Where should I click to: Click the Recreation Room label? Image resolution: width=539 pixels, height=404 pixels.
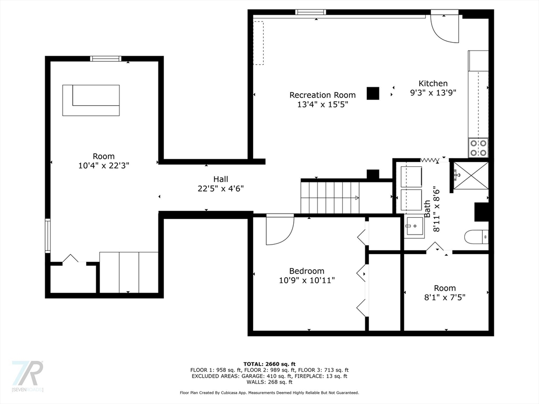tap(323, 95)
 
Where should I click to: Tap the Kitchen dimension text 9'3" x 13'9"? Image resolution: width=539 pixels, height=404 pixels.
tap(433, 93)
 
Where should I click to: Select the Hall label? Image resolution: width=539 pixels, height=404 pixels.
tap(221, 179)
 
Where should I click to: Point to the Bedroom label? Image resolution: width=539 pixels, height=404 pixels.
tap(307, 271)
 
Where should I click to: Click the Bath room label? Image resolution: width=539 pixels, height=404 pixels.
tap(427, 208)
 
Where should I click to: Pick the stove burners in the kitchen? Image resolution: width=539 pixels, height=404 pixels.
tap(478, 148)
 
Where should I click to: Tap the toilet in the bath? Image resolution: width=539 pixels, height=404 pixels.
tap(476, 236)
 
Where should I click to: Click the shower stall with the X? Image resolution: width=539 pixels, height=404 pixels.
tap(471, 175)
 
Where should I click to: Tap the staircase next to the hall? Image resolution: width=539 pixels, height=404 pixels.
tap(330, 198)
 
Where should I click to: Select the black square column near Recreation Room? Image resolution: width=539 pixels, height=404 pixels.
tap(373, 94)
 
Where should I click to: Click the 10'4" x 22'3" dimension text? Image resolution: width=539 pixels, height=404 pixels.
tap(104, 166)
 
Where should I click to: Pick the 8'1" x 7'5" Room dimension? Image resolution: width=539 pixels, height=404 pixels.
tap(445, 297)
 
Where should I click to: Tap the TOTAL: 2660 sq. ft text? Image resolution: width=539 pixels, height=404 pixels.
tap(269, 364)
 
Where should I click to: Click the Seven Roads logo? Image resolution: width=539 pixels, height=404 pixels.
tap(27, 376)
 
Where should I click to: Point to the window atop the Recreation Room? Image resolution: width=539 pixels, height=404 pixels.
tap(311, 13)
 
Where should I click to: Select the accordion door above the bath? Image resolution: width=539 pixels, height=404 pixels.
tap(430, 160)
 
